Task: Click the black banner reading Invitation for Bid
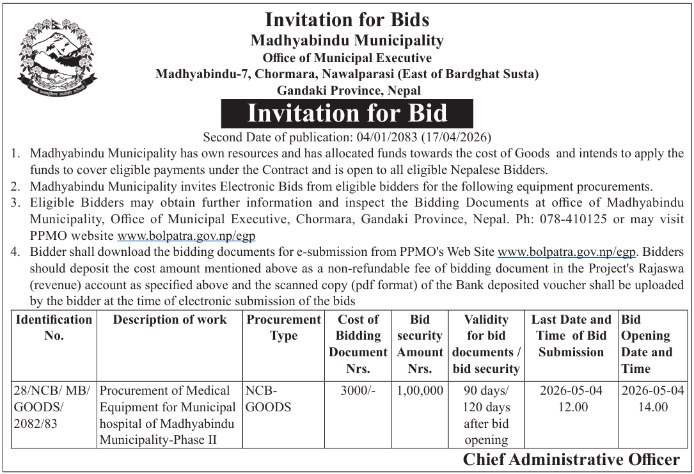(x=347, y=114)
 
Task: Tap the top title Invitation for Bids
(x=347, y=19)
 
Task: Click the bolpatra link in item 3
(x=186, y=236)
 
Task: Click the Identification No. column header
(x=54, y=327)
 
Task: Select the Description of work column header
(x=170, y=320)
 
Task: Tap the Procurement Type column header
(x=283, y=327)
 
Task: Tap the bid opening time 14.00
(x=652, y=407)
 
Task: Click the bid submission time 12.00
(x=571, y=407)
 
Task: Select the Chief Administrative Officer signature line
(x=571, y=460)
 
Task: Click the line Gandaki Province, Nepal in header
(x=347, y=90)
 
